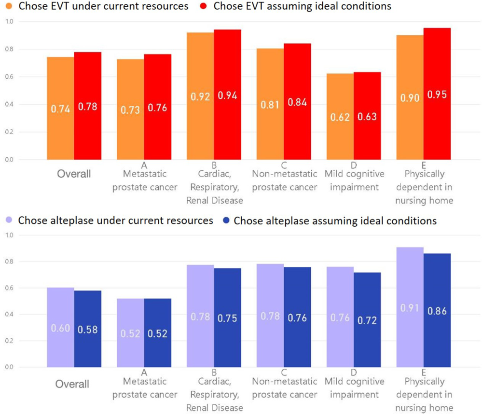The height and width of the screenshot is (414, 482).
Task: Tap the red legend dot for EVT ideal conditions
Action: point(205,7)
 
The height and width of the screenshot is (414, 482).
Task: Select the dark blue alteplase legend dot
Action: point(226,221)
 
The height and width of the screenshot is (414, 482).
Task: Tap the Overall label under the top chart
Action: point(74,173)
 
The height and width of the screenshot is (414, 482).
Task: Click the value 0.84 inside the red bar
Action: point(297,102)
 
